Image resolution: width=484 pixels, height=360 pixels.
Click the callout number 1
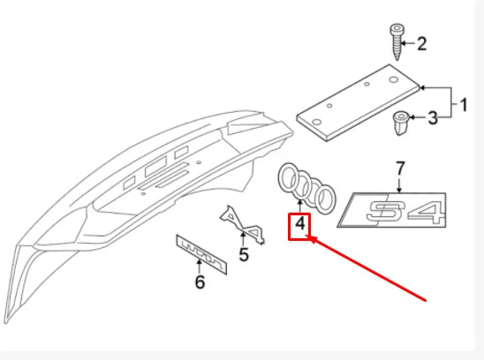464,105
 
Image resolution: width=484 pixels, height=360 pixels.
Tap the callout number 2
422,43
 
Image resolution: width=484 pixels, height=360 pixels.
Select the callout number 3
433,118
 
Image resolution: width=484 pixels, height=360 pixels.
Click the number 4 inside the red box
299,223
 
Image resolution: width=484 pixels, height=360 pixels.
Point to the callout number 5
244,254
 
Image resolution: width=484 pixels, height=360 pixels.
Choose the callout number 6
200,282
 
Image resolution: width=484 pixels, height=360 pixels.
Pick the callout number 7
400,169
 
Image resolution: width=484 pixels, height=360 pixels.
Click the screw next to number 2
397,42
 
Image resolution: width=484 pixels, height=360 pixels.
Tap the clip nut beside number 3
400,123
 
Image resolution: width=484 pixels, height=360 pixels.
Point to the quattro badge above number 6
201,254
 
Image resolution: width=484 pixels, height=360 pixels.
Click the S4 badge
392,210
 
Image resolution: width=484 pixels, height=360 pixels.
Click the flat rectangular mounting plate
358,102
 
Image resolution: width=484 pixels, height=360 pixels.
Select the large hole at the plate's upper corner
393,79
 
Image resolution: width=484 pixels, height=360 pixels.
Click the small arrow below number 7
400,184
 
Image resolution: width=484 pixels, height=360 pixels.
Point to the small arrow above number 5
244,240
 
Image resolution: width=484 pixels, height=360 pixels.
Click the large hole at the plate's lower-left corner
316,122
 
